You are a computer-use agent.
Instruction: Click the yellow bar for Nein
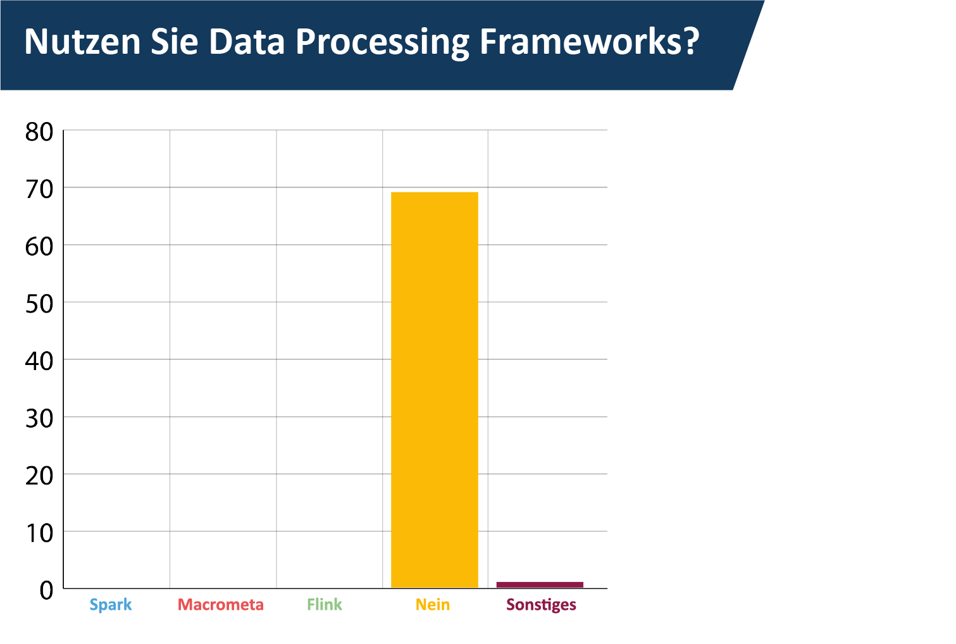click(x=435, y=390)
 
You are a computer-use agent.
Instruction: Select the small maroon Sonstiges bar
click(x=540, y=585)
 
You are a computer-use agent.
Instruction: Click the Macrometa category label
click(x=221, y=605)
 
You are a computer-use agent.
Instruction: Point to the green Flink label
click(x=325, y=605)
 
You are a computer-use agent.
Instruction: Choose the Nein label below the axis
click(x=433, y=605)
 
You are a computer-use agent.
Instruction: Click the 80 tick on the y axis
click(x=39, y=132)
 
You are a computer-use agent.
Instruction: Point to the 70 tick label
click(x=39, y=189)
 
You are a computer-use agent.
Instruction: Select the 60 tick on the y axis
click(x=39, y=246)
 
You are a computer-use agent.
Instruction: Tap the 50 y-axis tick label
click(x=39, y=304)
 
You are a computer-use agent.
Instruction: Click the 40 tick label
click(x=39, y=361)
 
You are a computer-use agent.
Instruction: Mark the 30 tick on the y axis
click(x=39, y=418)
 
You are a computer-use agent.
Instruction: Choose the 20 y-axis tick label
click(x=39, y=476)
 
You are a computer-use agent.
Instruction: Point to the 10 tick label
click(x=39, y=533)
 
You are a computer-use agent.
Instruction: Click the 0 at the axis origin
click(x=47, y=591)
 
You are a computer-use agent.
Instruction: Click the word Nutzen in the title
click(x=82, y=42)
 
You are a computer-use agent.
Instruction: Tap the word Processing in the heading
click(x=382, y=44)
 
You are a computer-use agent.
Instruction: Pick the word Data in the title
click(x=247, y=42)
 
